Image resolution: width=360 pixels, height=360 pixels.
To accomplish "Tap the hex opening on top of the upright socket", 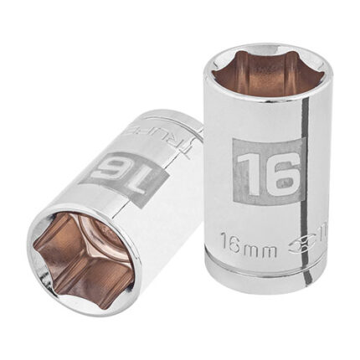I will click(255, 75).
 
